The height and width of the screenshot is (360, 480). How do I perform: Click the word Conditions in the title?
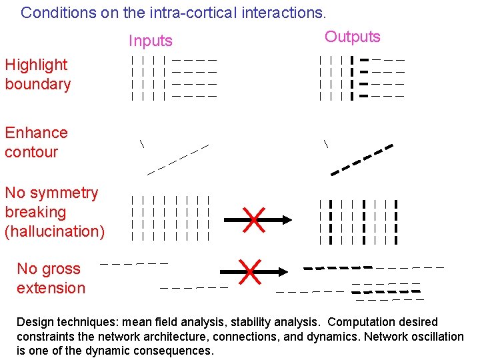point(53,12)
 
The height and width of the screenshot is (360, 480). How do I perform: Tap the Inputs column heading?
point(150,41)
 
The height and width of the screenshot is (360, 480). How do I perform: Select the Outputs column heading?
point(352,37)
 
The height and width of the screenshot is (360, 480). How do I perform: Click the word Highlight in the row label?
point(36,65)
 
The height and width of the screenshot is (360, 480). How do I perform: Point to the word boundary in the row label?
point(37,84)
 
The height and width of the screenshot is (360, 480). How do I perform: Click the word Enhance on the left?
point(36,133)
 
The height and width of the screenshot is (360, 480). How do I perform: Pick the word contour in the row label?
point(31,152)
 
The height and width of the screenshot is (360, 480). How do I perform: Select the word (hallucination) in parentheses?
point(55,231)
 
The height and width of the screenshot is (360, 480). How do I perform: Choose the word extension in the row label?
point(51,288)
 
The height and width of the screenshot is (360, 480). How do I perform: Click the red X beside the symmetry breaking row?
point(253,219)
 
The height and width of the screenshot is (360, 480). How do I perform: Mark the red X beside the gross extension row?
point(250,271)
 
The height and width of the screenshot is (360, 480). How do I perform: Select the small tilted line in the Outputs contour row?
point(326,143)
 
